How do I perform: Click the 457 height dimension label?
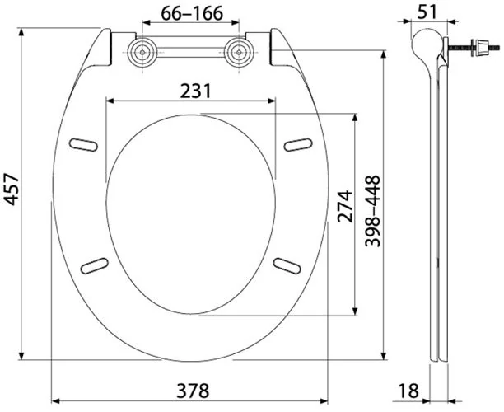(12, 190)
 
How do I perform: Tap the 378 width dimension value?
(193, 391)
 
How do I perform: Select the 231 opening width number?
(195, 91)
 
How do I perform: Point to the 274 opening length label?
(345, 206)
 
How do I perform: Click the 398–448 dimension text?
(373, 211)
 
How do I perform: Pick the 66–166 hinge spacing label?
(192, 13)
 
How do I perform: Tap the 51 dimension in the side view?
(427, 12)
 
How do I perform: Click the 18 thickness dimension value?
(408, 391)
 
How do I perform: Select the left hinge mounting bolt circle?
(142, 53)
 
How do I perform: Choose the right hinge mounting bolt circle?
(239, 52)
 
